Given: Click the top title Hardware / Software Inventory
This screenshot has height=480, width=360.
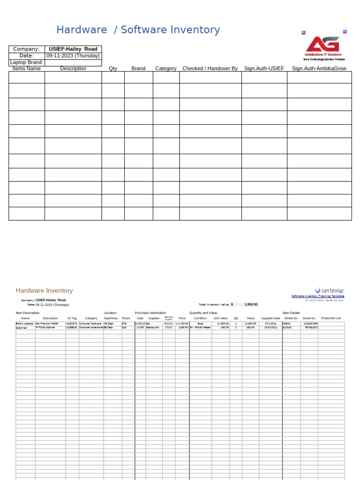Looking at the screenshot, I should pos(138,30).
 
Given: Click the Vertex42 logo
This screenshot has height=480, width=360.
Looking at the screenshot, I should pos(329,291).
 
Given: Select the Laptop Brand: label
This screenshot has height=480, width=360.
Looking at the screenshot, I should pos(27,62).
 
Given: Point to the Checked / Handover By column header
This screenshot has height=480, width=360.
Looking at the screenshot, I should pos(210,68).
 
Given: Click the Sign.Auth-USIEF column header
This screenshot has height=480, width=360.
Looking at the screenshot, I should pos(264,68).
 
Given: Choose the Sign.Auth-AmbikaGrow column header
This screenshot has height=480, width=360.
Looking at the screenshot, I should pos(319,68).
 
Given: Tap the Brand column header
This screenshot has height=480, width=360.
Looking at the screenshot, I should pos(138,68).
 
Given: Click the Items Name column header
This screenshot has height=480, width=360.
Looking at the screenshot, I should pos(27,68).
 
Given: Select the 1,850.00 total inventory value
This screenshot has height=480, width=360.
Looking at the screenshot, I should pos(251,304).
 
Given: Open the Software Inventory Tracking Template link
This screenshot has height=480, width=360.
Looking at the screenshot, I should pos(318,296).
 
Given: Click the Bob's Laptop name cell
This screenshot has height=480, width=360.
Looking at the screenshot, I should pos(25,323).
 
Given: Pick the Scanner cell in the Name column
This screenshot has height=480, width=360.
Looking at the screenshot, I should pos(22,327).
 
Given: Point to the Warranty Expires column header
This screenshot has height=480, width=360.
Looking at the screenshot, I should pos(169,318).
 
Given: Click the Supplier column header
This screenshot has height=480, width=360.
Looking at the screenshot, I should pos(154,318).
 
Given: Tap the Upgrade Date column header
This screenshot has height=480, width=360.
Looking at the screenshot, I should pos(270,318).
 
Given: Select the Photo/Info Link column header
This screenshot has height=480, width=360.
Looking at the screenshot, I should pos(331,318).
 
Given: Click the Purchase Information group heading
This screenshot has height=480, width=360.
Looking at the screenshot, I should pos(150,313).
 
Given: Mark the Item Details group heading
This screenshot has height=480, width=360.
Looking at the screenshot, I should pos(291,313).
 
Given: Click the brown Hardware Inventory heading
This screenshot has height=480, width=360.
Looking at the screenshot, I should pos(44,291).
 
